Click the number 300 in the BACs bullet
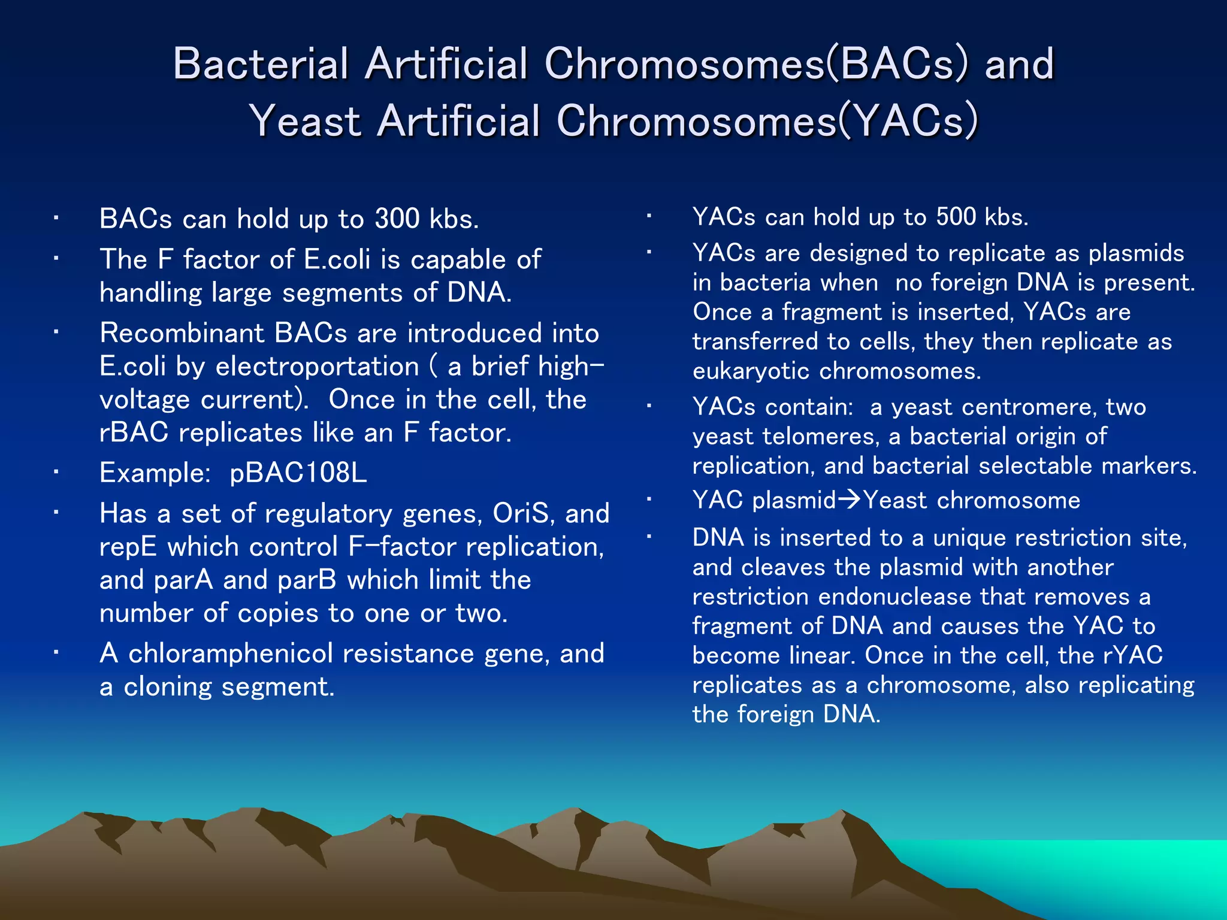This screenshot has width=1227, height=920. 397,219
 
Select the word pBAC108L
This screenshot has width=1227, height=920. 298,473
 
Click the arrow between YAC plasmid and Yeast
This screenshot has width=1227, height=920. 850,500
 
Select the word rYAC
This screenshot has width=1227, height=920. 1132,655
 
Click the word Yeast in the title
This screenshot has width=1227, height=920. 304,121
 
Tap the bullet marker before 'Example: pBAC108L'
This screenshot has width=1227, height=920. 55,473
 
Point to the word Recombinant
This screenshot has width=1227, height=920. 182,333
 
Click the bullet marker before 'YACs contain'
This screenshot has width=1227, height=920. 649,407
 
